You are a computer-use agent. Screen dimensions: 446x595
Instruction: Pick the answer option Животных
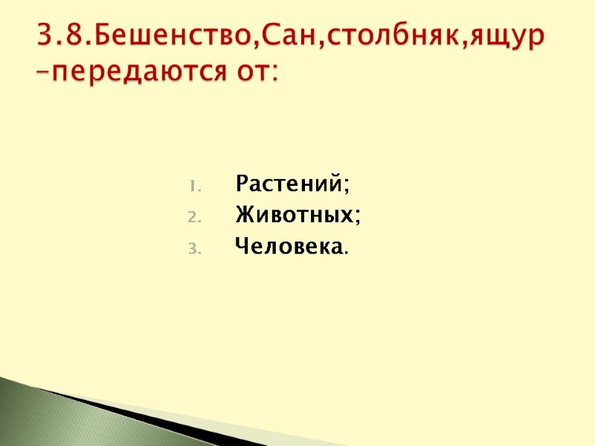pyautogui.click(x=295, y=216)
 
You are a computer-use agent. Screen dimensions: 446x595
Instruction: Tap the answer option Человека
pyautogui.click(x=288, y=248)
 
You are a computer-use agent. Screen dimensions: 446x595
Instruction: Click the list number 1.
pyautogui.click(x=191, y=184)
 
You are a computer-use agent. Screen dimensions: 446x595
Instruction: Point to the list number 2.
pyautogui.click(x=191, y=217)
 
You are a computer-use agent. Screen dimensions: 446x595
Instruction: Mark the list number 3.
pyautogui.click(x=191, y=250)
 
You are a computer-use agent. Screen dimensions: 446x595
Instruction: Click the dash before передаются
pyautogui.click(x=44, y=73)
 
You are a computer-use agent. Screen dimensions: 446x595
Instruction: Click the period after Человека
pyautogui.click(x=344, y=253)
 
